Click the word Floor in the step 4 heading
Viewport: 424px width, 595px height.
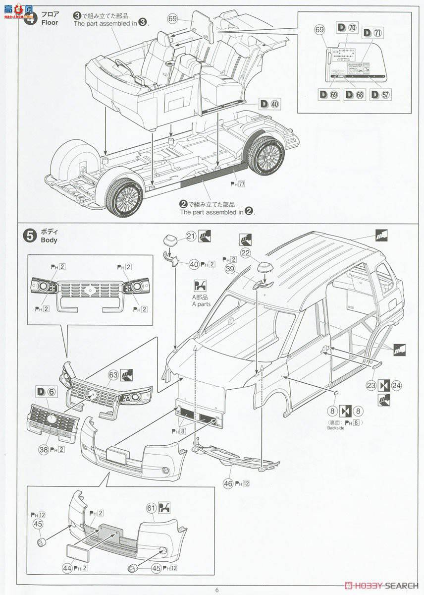(x=50, y=22)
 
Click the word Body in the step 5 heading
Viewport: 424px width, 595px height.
(x=49, y=240)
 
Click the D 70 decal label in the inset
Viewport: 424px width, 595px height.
(x=347, y=28)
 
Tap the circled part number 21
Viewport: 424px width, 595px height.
(x=191, y=236)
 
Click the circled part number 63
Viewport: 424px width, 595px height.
(x=113, y=374)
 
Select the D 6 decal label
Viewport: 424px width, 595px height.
(x=47, y=392)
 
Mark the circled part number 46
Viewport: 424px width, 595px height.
(x=228, y=483)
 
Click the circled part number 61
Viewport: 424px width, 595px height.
(x=152, y=508)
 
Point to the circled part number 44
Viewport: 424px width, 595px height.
(x=66, y=568)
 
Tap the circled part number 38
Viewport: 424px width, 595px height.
(x=43, y=450)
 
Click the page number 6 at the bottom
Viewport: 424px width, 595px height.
(x=216, y=589)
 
